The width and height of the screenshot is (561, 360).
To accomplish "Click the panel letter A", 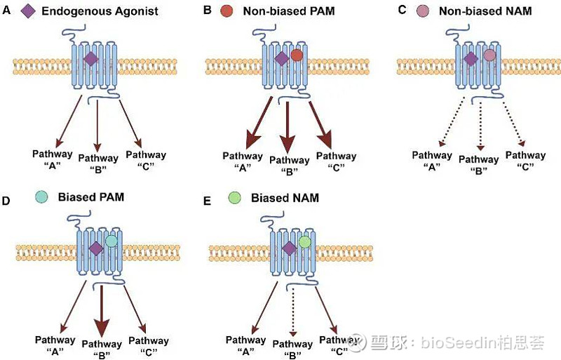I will (6, 11).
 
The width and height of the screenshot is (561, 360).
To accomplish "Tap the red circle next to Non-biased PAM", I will (227, 11).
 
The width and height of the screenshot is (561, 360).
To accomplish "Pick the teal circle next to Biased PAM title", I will (43, 199).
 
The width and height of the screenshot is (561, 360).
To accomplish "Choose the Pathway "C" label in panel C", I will (525, 161).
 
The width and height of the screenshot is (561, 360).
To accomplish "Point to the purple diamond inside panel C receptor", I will (471, 60).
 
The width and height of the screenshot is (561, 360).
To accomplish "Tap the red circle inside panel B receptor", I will (297, 55).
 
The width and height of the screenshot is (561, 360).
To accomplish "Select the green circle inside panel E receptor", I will (304, 242).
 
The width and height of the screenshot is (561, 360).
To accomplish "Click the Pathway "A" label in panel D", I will (55, 345).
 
